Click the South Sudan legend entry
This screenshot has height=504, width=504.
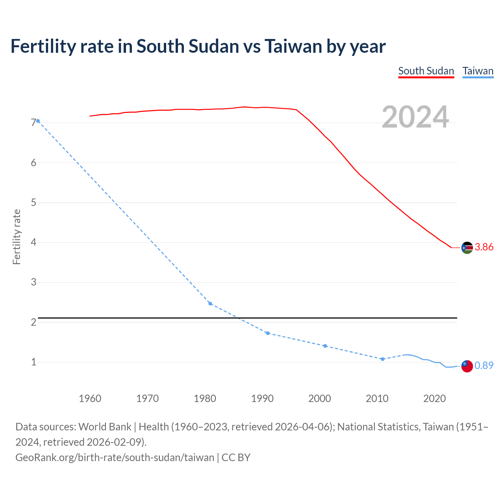click(426, 71)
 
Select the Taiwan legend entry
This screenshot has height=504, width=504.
click(478, 71)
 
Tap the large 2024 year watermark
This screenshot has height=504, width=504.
click(415, 117)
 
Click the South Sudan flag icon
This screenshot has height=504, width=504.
click(467, 248)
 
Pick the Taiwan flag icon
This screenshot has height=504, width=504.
click(467, 366)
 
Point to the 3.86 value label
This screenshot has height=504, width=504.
click(484, 247)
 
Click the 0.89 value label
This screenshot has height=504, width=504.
click(484, 365)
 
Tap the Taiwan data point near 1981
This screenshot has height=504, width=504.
click(210, 304)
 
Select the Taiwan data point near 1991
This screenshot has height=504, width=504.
click(268, 333)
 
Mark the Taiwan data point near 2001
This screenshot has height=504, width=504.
click(325, 346)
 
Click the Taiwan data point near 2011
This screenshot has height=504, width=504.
click(382, 359)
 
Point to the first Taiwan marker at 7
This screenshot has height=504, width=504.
click(38, 121)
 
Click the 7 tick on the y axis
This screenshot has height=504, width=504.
click(33, 123)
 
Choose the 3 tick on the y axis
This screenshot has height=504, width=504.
click(33, 282)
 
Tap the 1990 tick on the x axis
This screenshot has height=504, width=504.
click(262, 398)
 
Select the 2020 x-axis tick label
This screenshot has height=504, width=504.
click(434, 398)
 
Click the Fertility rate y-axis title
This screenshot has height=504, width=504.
click(17, 237)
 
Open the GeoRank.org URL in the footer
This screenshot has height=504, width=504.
click(115, 458)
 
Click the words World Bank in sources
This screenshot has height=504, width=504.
click(105, 427)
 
